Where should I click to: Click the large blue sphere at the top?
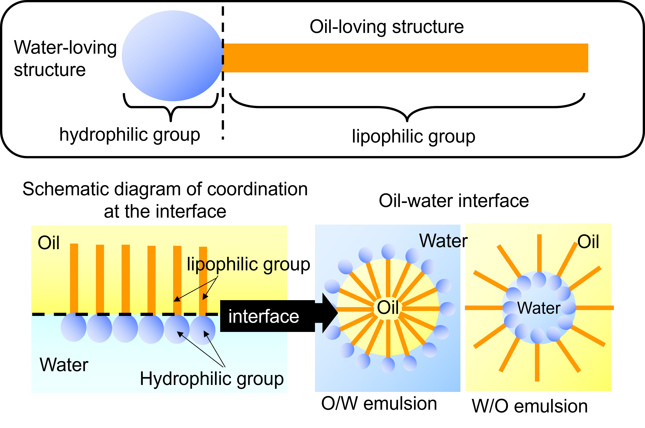click(x=172, y=56)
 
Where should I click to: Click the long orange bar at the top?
click(x=405, y=58)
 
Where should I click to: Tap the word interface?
click(x=263, y=316)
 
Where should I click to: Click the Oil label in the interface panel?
click(x=48, y=243)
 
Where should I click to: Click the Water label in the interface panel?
click(x=64, y=365)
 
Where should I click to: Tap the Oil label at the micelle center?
click(x=388, y=307)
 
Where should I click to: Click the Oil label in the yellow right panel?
click(x=588, y=242)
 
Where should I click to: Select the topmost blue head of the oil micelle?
click(x=388, y=251)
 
